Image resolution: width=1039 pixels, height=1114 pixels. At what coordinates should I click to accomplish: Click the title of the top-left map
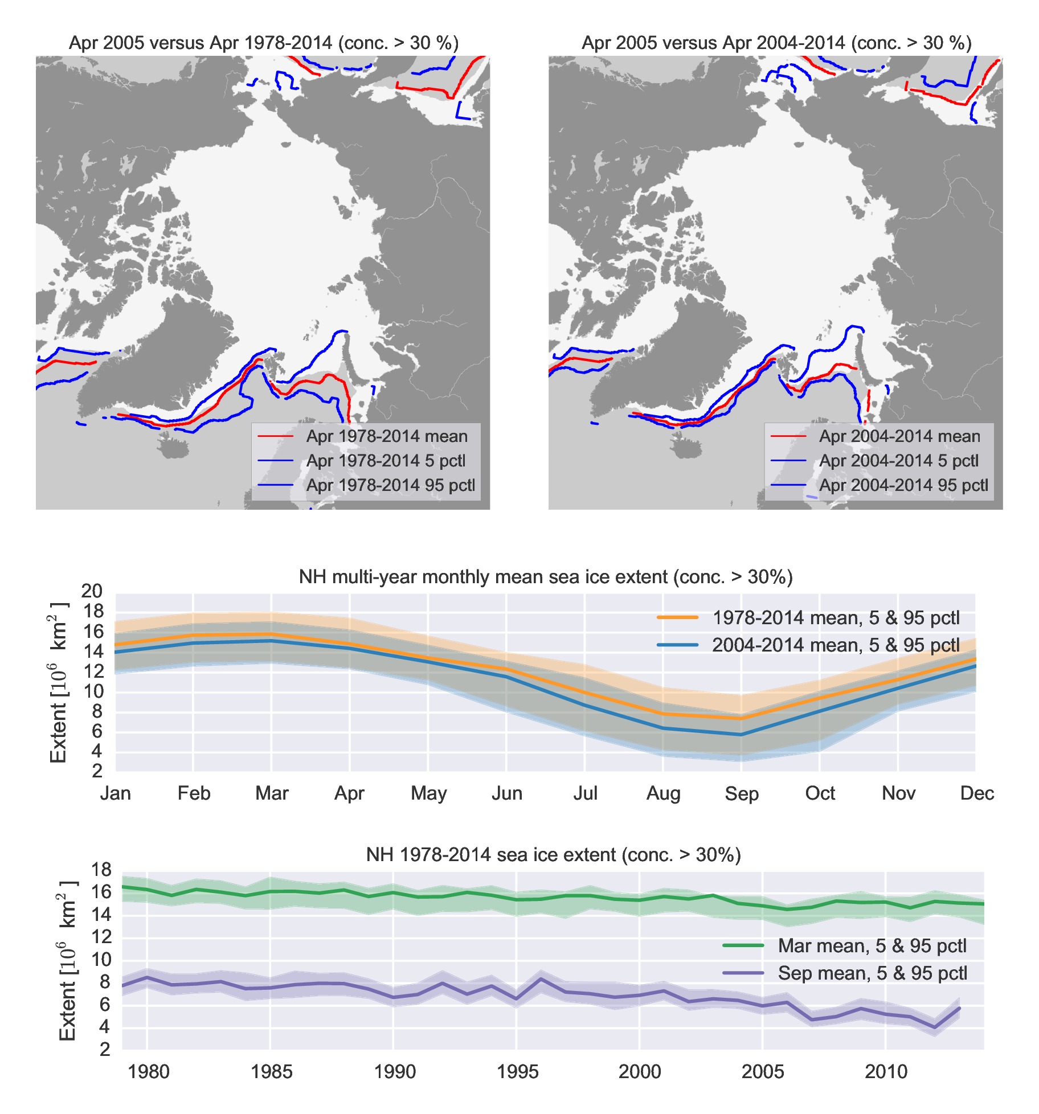pyautogui.click(x=263, y=43)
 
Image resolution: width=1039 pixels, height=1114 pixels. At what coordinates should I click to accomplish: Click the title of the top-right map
pyautogui.click(x=776, y=43)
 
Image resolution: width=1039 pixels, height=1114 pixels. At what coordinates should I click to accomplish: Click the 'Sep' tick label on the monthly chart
pyautogui.click(x=741, y=793)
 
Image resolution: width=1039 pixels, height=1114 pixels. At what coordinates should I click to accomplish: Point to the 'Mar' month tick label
pyautogui.click(x=272, y=793)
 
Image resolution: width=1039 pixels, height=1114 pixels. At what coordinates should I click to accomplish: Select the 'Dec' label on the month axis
pyautogui.click(x=976, y=793)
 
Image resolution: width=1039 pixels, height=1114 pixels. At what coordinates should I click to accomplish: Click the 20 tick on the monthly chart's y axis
pyautogui.click(x=92, y=591)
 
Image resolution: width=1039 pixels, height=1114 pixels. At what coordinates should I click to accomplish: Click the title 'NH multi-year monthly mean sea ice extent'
pyautogui.click(x=546, y=577)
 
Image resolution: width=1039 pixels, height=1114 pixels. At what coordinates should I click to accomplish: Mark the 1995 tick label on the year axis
pyautogui.click(x=517, y=1072)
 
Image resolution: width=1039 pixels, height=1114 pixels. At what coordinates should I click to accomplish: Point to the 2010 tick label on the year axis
pyautogui.click(x=886, y=1072)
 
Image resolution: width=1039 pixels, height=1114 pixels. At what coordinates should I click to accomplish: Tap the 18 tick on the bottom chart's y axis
pyautogui.click(x=101, y=870)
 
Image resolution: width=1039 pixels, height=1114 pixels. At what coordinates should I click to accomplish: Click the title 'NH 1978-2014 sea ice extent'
pyautogui.click(x=553, y=855)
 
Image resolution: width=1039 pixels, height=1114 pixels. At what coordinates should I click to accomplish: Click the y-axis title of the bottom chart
pyautogui.click(x=67, y=960)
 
